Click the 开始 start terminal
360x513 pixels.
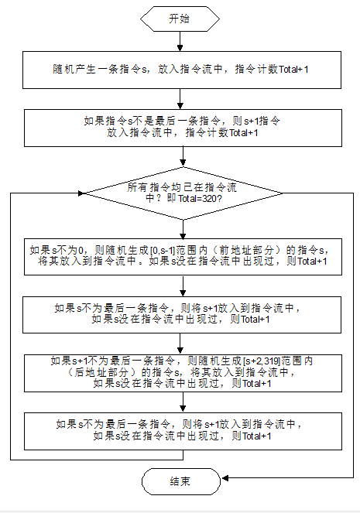click(x=180, y=19)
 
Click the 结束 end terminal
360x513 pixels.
click(x=180, y=482)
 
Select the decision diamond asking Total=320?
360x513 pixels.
click(x=180, y=192)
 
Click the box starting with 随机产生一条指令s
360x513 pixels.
click(x=180, y=70)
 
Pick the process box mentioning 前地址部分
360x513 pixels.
click(x=180, y=256)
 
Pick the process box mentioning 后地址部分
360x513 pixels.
click(x=180, y=372)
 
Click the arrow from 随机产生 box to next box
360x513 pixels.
click(x=180, y=98)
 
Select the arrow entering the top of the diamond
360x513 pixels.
click(x=180, y=158)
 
